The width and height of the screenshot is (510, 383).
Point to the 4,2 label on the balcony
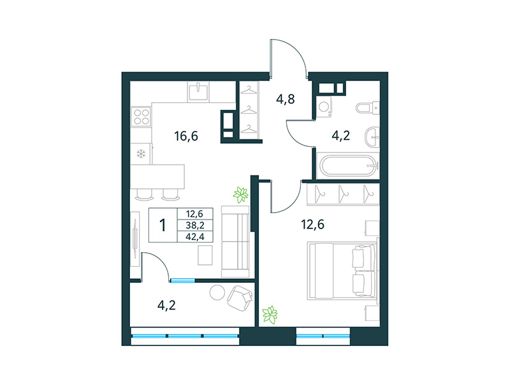click(x=166, y=304)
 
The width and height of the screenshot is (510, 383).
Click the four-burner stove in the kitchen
click(x=141, y=116)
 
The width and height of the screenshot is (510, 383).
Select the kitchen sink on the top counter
click(x=199, y=91)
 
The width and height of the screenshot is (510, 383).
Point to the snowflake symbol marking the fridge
click(x=141, y=154)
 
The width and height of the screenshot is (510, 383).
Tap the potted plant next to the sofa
click(x=240, y=194)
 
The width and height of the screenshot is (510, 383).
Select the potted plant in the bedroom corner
click(x=270, y=314)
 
